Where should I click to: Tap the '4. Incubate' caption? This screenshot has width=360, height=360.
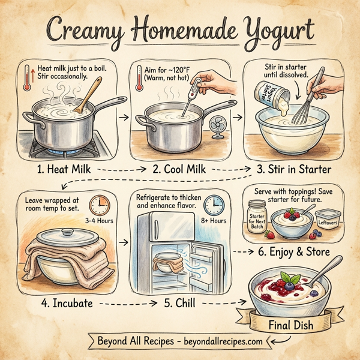[x=58, y=303]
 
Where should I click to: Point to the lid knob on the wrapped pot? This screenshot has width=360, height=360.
[x=67, y=232]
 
